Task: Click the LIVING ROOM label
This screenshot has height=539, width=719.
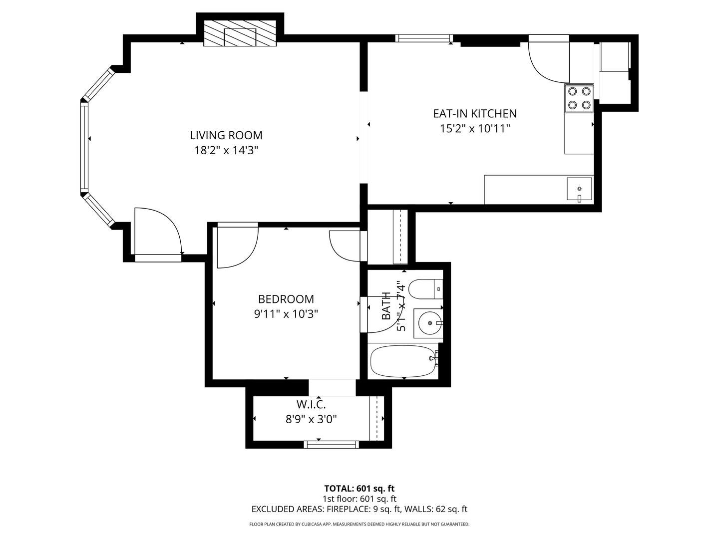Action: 226,135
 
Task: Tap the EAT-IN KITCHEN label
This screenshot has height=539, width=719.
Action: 475,114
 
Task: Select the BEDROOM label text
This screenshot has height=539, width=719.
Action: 286,299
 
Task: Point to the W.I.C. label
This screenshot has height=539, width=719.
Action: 311,404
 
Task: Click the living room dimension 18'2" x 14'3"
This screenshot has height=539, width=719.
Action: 226,150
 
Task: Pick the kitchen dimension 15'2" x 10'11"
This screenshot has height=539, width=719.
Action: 475,129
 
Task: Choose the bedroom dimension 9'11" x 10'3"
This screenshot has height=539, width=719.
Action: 286,314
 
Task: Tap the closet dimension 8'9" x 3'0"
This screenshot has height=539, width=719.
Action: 311,419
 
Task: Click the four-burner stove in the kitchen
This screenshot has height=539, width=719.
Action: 579,98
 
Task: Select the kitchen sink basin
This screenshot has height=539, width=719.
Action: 579,189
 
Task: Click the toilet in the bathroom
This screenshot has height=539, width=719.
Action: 425,289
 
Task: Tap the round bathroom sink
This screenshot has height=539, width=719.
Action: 429,323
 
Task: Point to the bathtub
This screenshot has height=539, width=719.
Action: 404,361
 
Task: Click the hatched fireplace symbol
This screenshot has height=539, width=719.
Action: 240,33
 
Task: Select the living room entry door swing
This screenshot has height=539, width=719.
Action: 158,231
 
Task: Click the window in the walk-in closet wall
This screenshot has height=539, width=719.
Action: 331,444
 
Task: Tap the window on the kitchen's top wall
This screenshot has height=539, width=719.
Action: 424,38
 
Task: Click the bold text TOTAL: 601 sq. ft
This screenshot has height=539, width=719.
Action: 359,489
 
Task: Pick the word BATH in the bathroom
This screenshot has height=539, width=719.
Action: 386,305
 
